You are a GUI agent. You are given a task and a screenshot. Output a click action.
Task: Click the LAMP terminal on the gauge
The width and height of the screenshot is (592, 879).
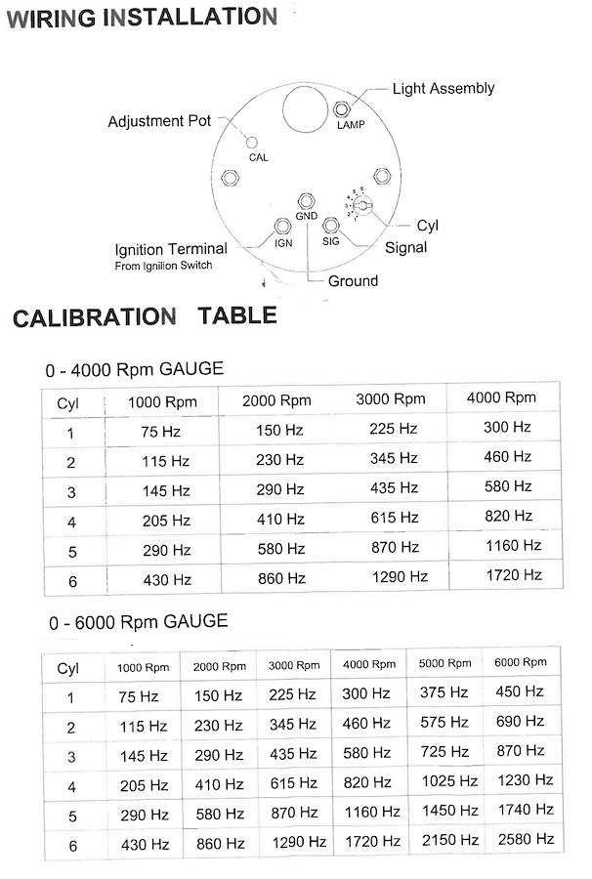[344, 108]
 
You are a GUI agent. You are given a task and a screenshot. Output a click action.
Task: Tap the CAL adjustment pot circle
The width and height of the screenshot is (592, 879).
[252, 143]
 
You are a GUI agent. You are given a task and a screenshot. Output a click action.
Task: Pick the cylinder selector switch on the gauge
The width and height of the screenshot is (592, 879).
[359, 204]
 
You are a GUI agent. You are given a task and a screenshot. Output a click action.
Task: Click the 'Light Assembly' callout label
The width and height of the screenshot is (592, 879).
[443, 89]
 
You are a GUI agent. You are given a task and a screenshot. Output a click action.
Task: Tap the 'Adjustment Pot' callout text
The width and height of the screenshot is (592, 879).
[159, 122]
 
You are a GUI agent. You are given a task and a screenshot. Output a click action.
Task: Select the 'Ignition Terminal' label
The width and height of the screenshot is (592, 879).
[171, 249]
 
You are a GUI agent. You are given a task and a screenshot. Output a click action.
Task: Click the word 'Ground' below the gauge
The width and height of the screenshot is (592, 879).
[352, 281]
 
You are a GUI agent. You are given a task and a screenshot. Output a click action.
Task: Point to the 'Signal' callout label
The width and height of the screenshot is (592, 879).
[405, 248]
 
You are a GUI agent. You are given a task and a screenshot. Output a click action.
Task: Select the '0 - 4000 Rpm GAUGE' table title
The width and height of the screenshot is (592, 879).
[134, 369]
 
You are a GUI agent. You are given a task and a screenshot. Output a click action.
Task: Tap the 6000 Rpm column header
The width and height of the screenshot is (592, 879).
[522, 662]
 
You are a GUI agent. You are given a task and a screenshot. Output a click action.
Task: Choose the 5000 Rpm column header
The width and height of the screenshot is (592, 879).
[445, 663]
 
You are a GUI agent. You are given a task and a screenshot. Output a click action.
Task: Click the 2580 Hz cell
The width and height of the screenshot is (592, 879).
[525, 839]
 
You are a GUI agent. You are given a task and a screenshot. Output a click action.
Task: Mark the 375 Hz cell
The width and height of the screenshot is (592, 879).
[444, 692]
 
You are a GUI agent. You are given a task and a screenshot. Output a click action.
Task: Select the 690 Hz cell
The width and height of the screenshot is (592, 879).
[521, 723]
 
